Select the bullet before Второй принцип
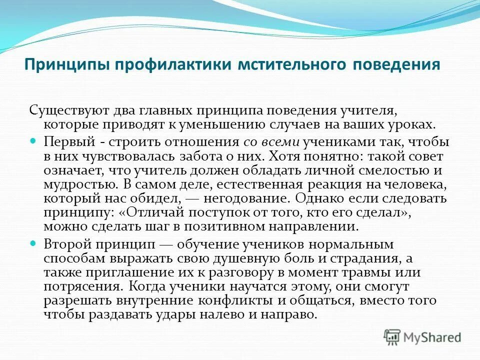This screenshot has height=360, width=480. pyautogui.click(x=34, y=244)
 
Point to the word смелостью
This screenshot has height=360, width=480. pyautogui.click(x=391, y=169)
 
